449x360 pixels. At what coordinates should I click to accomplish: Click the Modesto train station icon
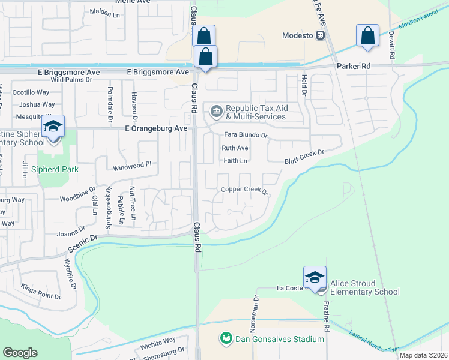(321, 35)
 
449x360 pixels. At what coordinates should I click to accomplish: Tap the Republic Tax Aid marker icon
(215, 112)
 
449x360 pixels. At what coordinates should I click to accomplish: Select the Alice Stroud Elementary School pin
(315, 277)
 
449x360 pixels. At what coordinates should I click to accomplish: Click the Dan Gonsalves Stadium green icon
(226, 339)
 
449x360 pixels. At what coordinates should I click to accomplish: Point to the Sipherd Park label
(56, 170)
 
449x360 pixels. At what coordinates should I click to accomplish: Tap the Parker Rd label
(354, 65)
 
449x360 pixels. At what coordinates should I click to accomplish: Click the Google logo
(20, 353)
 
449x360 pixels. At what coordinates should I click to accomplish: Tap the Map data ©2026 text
(423, 355)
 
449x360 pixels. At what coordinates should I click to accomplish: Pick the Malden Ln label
(106, 11)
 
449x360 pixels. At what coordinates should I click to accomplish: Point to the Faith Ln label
(235, 161)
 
